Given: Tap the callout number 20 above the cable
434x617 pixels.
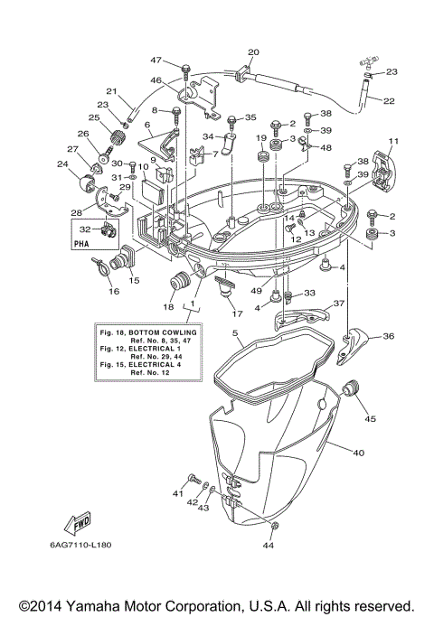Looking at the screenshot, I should click(x=253, y=51).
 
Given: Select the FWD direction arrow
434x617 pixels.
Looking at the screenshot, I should click(x=77, y=522).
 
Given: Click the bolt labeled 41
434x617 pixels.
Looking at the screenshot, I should click(x=192, y=478).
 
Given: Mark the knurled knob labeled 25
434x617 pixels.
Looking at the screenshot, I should click(x=116, y=137).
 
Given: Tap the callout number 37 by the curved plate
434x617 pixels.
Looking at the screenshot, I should click(x=341, y=304).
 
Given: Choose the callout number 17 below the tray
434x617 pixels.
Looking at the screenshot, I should click(x=238, y=313).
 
